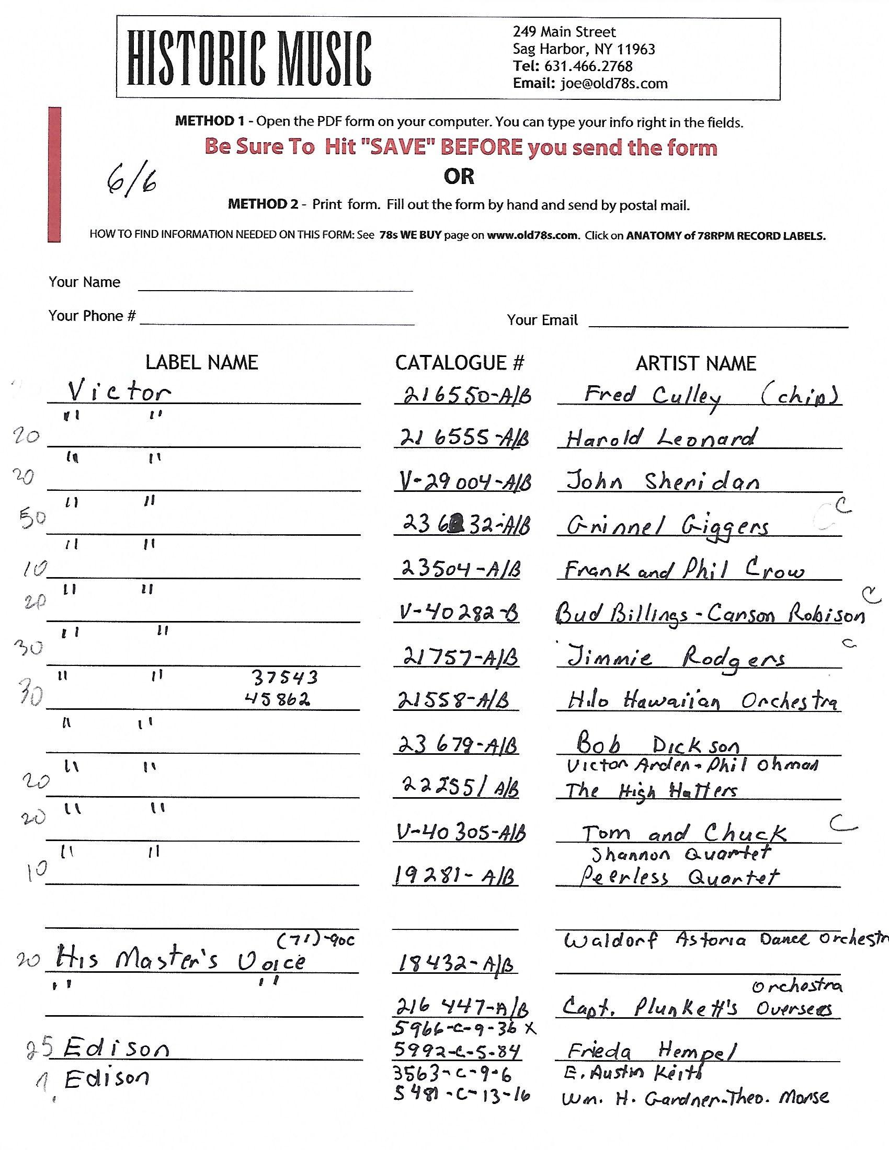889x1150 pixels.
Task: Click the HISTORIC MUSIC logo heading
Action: click(x=249, y=59)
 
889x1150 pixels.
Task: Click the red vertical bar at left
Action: click(x=54, y=174)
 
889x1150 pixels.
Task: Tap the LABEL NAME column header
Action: click(x=202, y=363)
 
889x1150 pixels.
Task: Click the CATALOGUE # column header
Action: click(x=460, y=363)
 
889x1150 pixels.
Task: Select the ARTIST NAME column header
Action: click(x=696, y=363)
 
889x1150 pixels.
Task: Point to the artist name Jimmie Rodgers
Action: click(x=676, y=659)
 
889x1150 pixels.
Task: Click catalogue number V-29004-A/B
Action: click(x=464, y=482)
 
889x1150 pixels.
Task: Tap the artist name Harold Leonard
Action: click(x=661, y=438)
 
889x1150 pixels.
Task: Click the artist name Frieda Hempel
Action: click(x=651, y=1051)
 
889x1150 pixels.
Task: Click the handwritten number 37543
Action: click(x=284, y=677)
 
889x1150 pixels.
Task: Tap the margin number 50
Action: click(x=32, y=519)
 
